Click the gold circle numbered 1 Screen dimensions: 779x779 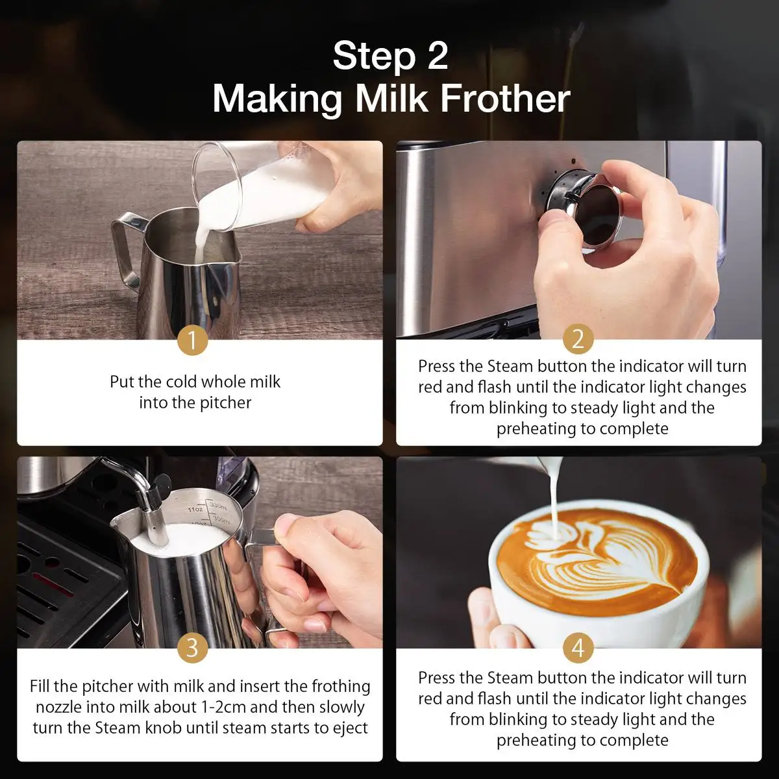[x=192, y=340]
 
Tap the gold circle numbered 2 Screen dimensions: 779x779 [x=578, y=339]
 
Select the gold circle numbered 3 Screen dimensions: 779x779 [x=192, y=648]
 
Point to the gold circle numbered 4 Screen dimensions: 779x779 [x=578, y=648]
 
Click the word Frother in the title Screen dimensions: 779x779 [x=505, y=99]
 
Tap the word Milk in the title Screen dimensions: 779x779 [x=391, y=99]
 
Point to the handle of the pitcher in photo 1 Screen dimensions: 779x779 [x=125, y=251]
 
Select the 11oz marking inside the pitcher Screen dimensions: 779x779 [x=196, y=510]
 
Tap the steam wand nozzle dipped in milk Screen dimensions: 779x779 [x=156, y=521]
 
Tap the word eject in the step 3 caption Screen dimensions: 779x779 [x=350, y=728]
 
